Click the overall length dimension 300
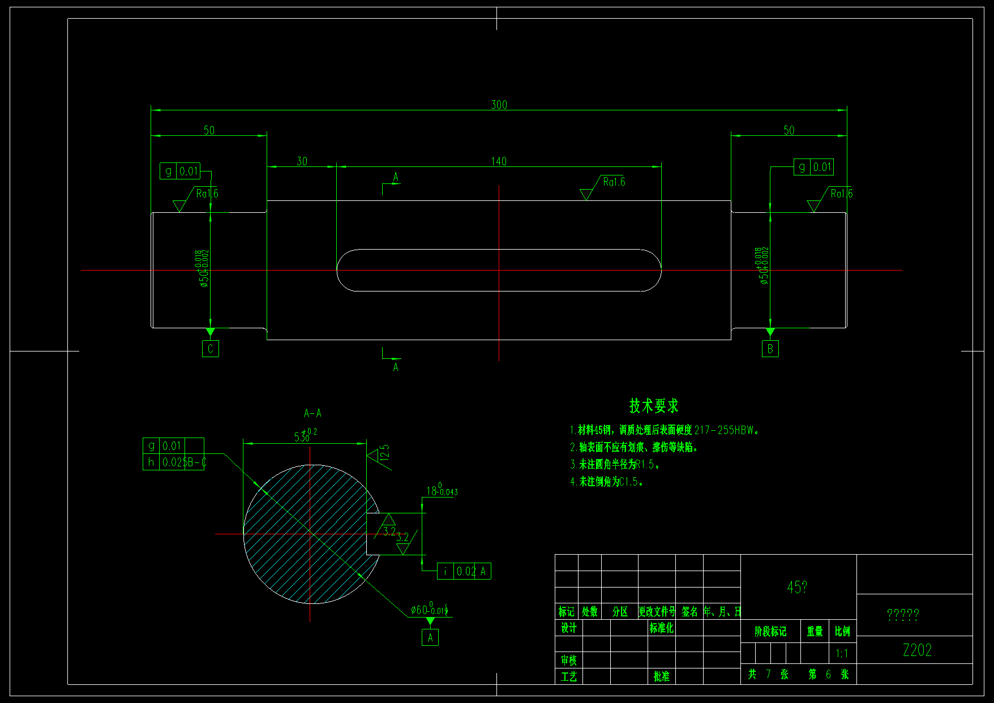tap(499, 105)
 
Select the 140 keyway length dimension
tap(499, 161)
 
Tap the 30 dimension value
tap(302, 161)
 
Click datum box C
tap(211, 349)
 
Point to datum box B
tap(770, 349)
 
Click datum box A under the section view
tap(430, 638)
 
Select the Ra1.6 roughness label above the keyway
tap(614, 182)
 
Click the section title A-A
tap(312, 413)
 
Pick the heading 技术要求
tap(654, 406)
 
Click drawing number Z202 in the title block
tap(917, 650)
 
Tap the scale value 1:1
tap(842, 654)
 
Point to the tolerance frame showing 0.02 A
tap(464, 572)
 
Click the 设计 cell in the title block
tap(568, 628)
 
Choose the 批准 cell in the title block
tap(661, 676)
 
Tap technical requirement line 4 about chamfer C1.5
tap(606, 482)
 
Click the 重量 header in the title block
tap(815, 631)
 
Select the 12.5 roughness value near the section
tap(385, 453)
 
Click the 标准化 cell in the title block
tap(661, 628)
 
